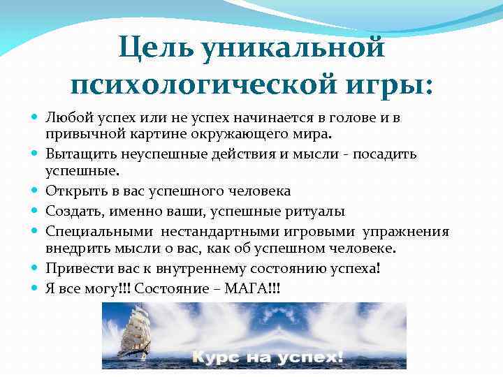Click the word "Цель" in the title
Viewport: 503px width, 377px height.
(x=154, y=49)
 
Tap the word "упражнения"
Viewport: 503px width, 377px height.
(x=409, y=231)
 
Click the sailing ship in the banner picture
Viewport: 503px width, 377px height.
(x=134, y=334)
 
